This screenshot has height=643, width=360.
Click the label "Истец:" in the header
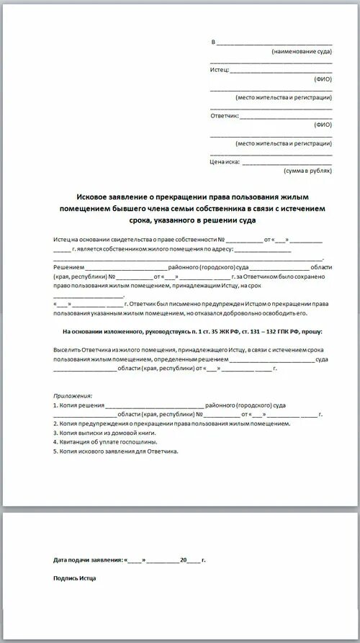coord(220,70)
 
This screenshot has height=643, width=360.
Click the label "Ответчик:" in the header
coord(224,115)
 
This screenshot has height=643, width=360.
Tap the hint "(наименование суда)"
coord(302,52)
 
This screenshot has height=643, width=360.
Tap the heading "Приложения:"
coord(73,396)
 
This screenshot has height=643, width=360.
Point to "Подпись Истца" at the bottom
coord(74,577)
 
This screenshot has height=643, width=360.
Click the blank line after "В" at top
coord(274,42)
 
